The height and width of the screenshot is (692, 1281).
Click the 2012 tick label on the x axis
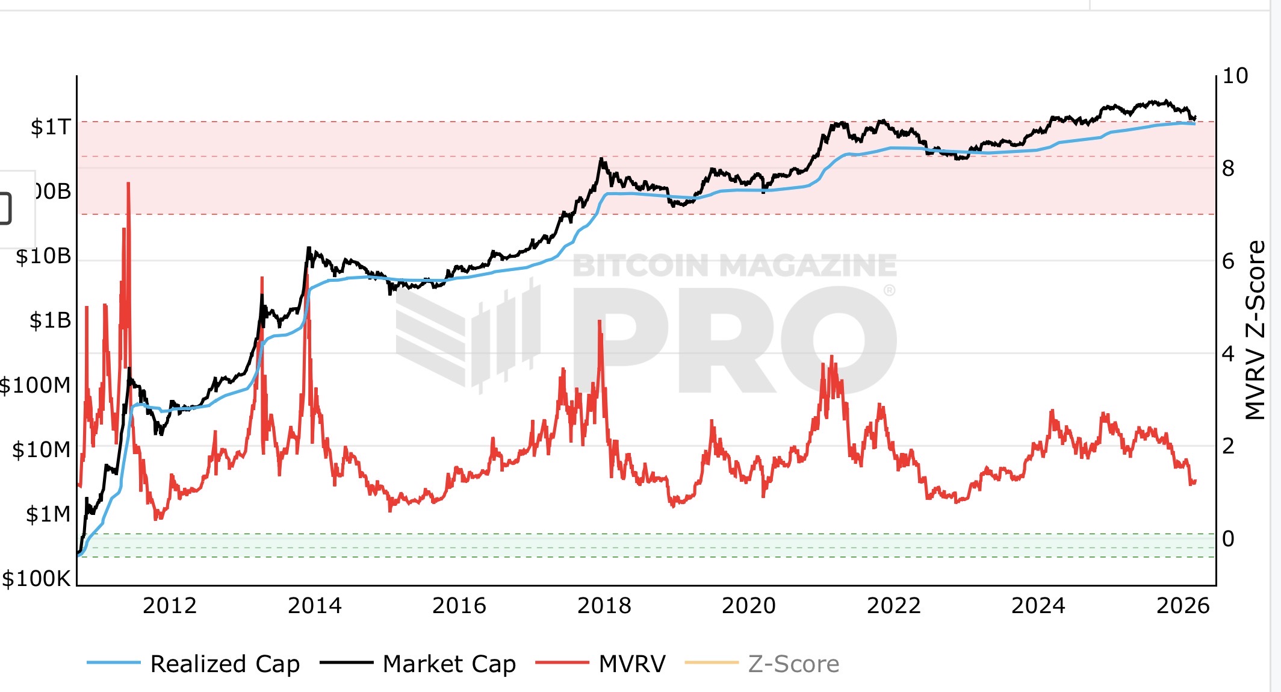click(169, 605)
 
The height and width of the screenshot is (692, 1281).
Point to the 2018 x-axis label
click(604, 605)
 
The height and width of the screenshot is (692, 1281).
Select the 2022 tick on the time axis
click(893, 605)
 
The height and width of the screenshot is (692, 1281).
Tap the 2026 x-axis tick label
click(1182, 605)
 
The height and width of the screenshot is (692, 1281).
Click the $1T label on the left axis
click(51, 127)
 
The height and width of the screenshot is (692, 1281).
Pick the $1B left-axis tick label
click(50, 320)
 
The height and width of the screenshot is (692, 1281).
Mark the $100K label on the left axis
click(36, 579)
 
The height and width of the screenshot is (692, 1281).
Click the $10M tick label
click(41, 450)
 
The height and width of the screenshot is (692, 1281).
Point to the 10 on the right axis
click(1235, 76)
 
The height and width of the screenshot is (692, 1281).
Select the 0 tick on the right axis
click(1228, 538)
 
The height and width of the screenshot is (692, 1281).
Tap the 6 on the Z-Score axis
click(1228, 261)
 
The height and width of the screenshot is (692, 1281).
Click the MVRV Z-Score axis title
click(1255, 330)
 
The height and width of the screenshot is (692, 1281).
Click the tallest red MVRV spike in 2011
click(128, 184)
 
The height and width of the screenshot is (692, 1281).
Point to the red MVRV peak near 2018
click(600, 323)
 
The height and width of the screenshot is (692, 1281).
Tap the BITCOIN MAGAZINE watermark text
click(734, 266)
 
